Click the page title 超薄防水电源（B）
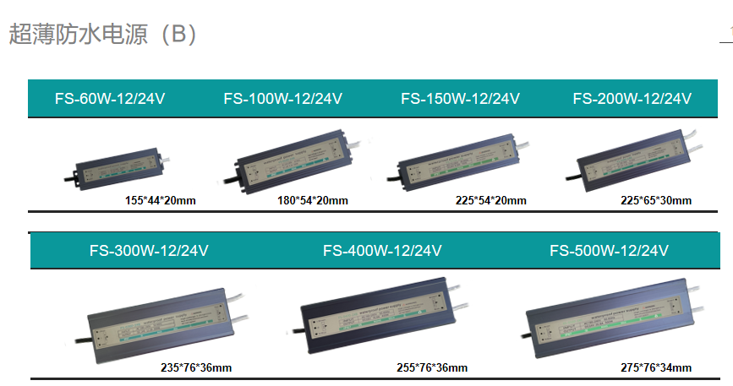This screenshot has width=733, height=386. point(103,35)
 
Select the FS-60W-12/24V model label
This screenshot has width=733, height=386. point(110,98)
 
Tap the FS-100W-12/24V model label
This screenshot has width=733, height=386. point(282,98)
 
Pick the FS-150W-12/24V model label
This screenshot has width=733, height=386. point(460,98)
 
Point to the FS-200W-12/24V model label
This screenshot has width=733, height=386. point(632,98)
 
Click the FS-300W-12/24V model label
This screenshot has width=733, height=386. point(149,250)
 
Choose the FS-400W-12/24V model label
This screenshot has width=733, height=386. point(382,250)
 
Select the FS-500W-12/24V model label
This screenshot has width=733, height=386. point(609,250)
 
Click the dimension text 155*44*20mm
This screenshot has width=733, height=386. point(161,200)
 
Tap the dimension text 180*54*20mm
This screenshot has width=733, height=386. point(312,200)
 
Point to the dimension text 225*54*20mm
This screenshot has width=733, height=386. point(490,200)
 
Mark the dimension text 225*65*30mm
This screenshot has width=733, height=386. point(656,200)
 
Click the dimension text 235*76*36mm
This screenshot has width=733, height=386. point(196,367)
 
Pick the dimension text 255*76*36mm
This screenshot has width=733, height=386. point(432,367)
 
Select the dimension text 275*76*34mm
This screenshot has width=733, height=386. point(656,367)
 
